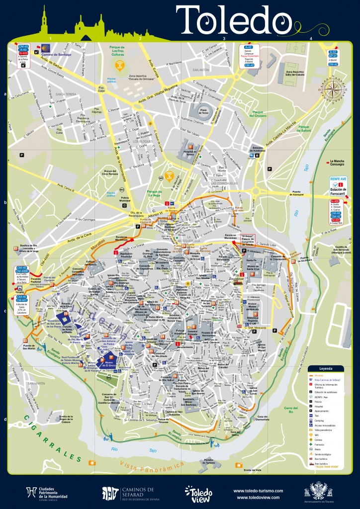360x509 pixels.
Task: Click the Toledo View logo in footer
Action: [197, 493]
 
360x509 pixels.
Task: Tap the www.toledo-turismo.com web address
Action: [258, 490]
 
